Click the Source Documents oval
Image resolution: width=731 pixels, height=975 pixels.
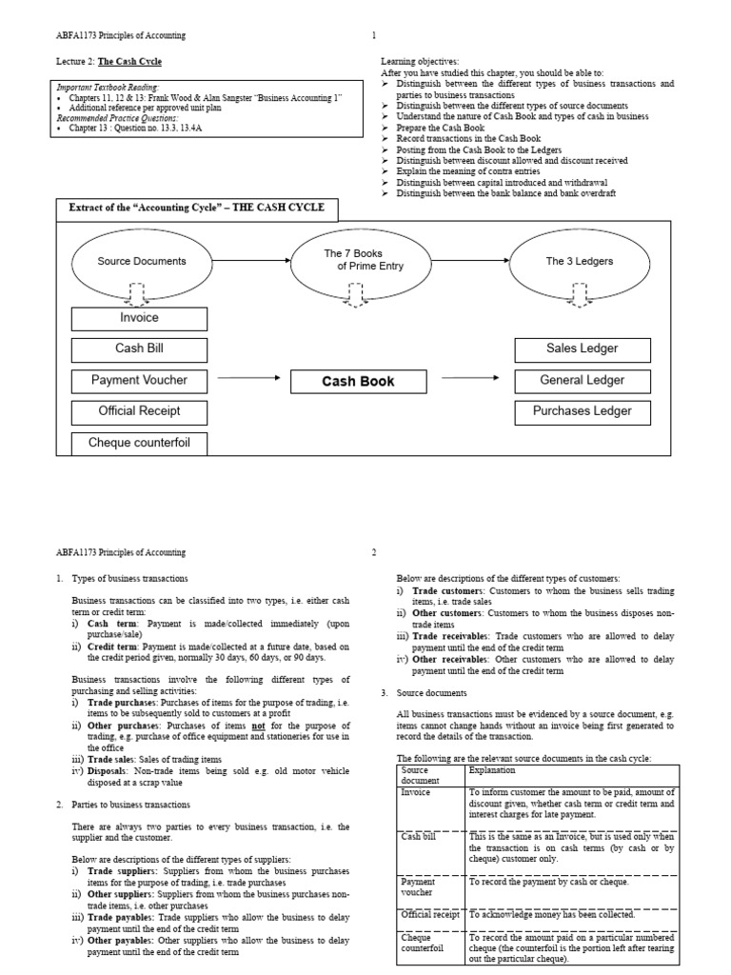coord(142,260)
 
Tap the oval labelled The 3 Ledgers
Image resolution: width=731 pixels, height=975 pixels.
coord(580,260)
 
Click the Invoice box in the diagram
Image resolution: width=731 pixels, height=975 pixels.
coord(139,318)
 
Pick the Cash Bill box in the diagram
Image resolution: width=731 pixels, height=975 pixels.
coord(139,349)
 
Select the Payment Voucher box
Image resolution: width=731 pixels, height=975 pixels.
coord(139,381)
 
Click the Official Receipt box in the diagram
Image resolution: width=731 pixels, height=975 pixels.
coord(139,412)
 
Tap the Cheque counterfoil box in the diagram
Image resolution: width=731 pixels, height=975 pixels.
coord(139,443)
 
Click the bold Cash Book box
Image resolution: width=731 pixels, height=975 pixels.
coord(358,382)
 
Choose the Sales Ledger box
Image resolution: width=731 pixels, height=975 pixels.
coord(582,349)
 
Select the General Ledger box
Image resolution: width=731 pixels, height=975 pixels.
coord(582,381)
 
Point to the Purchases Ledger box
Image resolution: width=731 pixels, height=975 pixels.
coord(582,412)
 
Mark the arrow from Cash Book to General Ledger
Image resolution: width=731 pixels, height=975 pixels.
coord(470,379)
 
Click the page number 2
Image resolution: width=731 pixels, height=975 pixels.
coord(374,552)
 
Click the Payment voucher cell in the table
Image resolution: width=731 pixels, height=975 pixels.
coord(419,887)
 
